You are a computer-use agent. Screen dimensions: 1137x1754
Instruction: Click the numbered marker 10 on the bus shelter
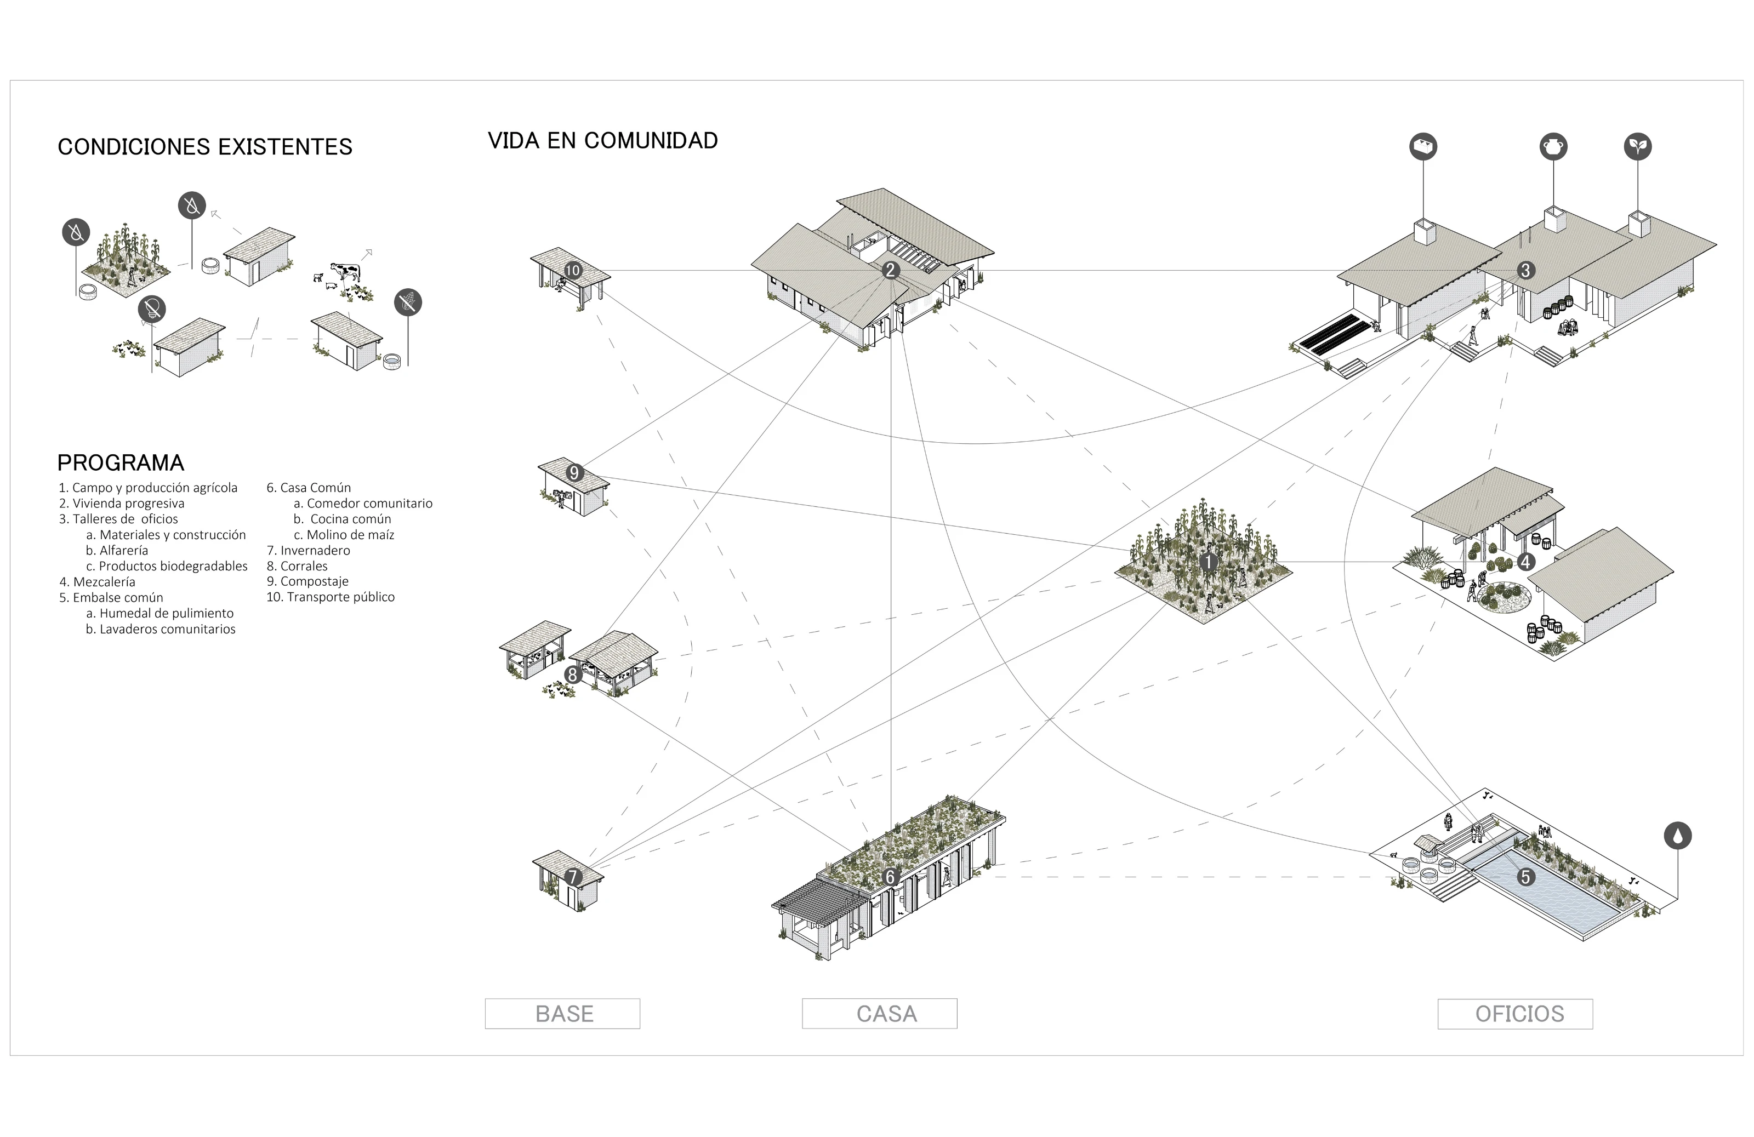pos(573,271)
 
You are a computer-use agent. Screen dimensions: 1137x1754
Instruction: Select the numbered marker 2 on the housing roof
pos(890,271)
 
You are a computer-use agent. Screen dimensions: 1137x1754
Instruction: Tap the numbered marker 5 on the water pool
pos(1525,877)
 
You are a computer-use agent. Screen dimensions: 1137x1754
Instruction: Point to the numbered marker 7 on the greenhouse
pos(573,877)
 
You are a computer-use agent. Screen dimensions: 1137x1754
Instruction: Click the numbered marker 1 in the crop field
pos(1209,562)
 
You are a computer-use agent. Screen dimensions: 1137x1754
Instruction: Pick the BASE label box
pos(562,1014)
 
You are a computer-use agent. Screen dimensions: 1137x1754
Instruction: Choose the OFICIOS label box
pos(1515,1014)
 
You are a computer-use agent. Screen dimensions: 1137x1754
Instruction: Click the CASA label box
pos(879,1014)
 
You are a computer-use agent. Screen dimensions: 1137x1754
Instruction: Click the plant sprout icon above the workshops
pos(1638,146)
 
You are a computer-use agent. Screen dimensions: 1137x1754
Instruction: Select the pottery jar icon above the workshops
pos(1553,146)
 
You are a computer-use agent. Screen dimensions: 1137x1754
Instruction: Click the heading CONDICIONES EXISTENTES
pos(205,147)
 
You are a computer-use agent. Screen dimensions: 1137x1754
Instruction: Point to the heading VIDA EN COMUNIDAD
pos(603,141)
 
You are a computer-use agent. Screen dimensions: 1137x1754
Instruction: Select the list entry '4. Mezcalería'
pos(97,582)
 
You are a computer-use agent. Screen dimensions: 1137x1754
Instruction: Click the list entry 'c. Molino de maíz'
pos(344,535)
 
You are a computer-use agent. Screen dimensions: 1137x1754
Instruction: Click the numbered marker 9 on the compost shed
pos(574,472)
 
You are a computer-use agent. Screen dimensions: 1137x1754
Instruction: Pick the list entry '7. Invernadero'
pos(308,551)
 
